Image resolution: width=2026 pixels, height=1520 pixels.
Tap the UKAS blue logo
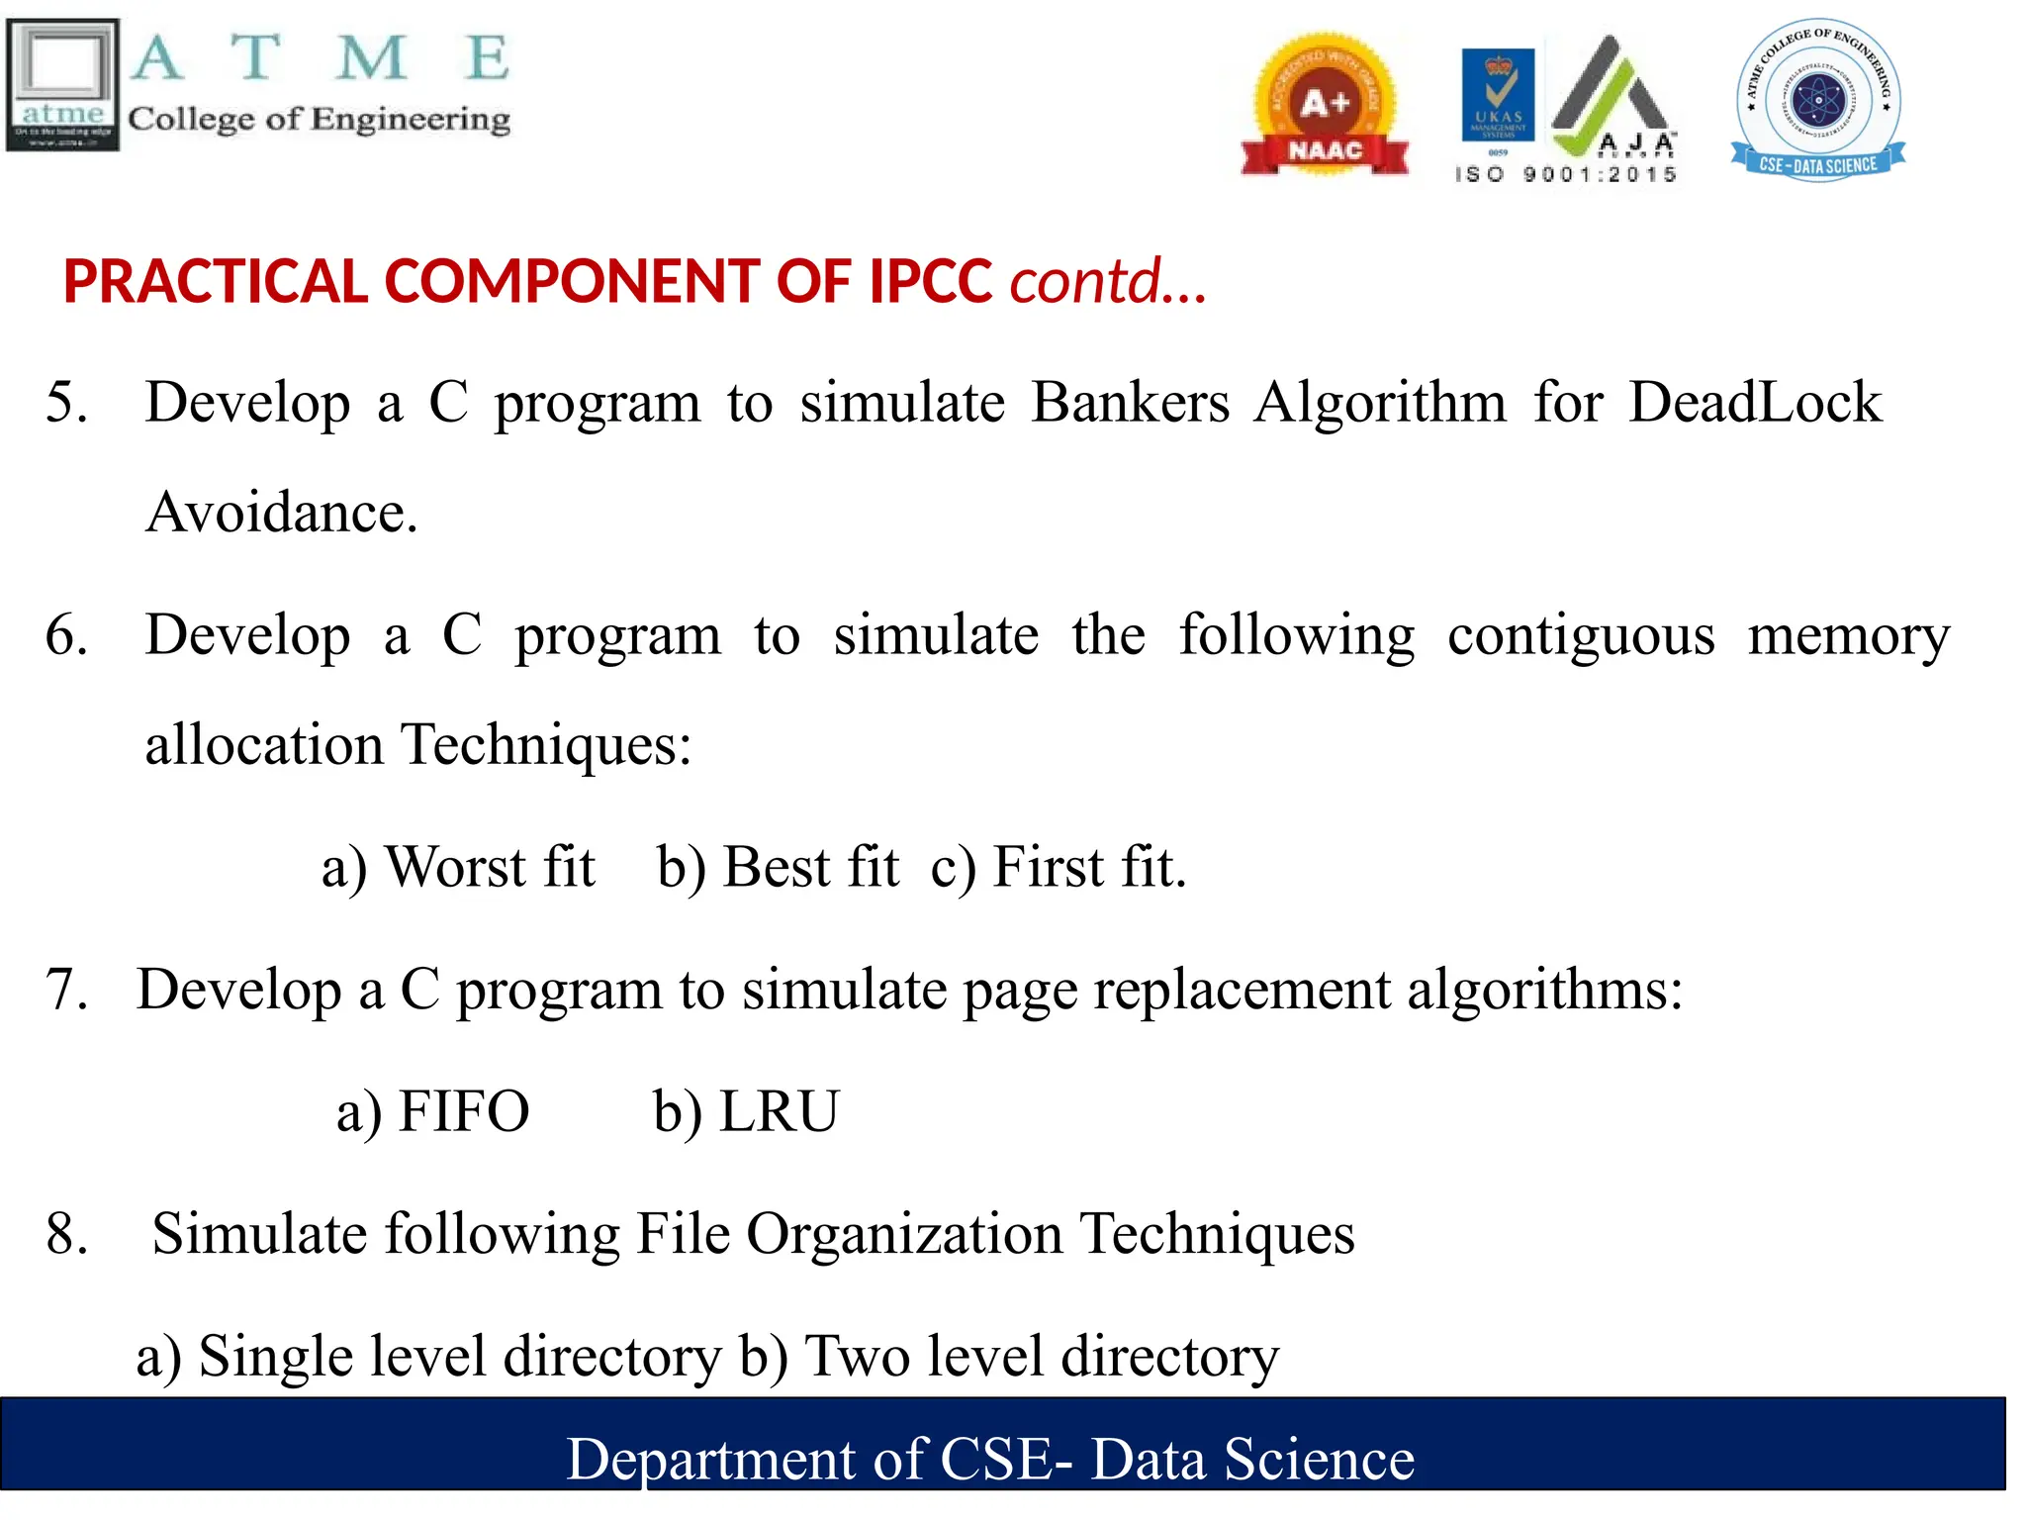tap(1498, 95)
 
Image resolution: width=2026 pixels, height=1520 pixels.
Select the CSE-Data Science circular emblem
tap(1818, 100)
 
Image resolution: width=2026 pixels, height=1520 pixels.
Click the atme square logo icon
tap(63, 85)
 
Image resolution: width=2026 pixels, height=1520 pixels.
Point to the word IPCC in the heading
tap(930, 282)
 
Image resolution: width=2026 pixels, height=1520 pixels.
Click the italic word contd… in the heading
tap(1107, 282)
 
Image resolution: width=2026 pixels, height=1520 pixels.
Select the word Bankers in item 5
tap(1130, 403)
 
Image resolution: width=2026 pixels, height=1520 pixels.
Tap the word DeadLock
tap(1754, 403)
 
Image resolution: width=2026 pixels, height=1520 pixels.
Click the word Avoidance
tap(281, 513)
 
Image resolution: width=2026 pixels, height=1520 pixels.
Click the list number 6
tap(66, 635)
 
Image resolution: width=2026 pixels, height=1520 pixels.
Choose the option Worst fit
tap(490, 868)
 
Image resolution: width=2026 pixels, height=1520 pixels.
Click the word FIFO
tap(463, 1111)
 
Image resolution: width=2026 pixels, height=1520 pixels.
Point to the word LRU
tap(779, 1111)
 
